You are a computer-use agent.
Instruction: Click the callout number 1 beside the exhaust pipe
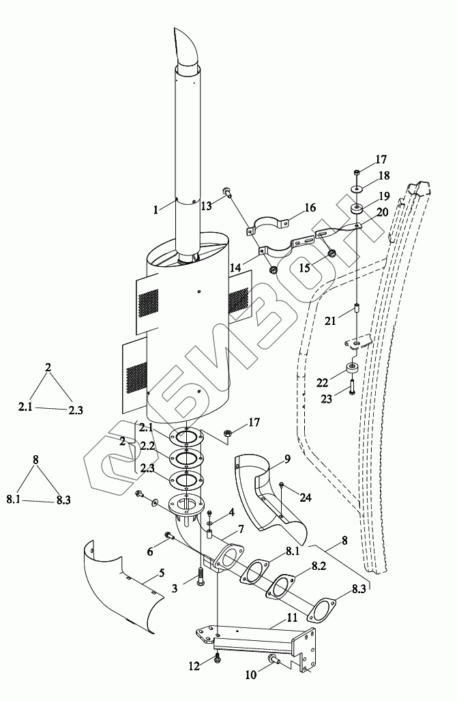coord(156,209)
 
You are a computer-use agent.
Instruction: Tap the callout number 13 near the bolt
coord(206,205)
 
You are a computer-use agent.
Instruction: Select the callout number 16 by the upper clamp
coord(310,208)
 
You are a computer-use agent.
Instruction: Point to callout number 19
coord(384,196)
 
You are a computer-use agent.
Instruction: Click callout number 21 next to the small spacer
coord(330,321)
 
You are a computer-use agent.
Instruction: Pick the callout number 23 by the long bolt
coord(327,399)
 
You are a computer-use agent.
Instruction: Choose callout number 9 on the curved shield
coord(287,459)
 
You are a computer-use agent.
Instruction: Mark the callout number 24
coord(306,497)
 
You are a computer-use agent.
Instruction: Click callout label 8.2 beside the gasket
coord(319,566)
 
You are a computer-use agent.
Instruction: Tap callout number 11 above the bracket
coord(292,618)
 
